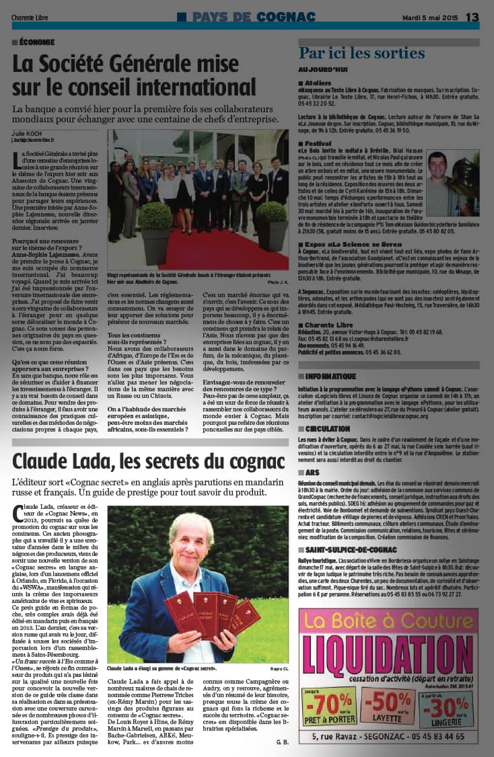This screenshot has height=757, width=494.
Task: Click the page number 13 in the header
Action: (472, 17)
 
